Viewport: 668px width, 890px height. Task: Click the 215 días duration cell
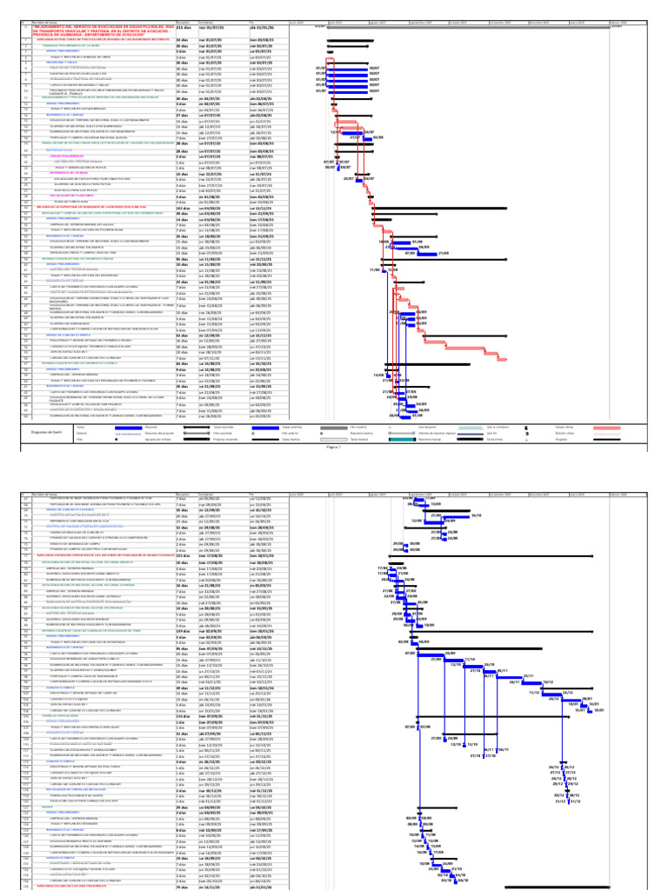click(x=185, y=28)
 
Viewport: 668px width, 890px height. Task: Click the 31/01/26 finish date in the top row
click(x=262, y=28)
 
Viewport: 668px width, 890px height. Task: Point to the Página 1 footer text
click(x=333, y=446)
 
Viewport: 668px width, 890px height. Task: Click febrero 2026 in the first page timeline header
click(x=618, y=22)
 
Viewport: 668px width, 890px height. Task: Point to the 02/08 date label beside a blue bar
click(x=379, y=137)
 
